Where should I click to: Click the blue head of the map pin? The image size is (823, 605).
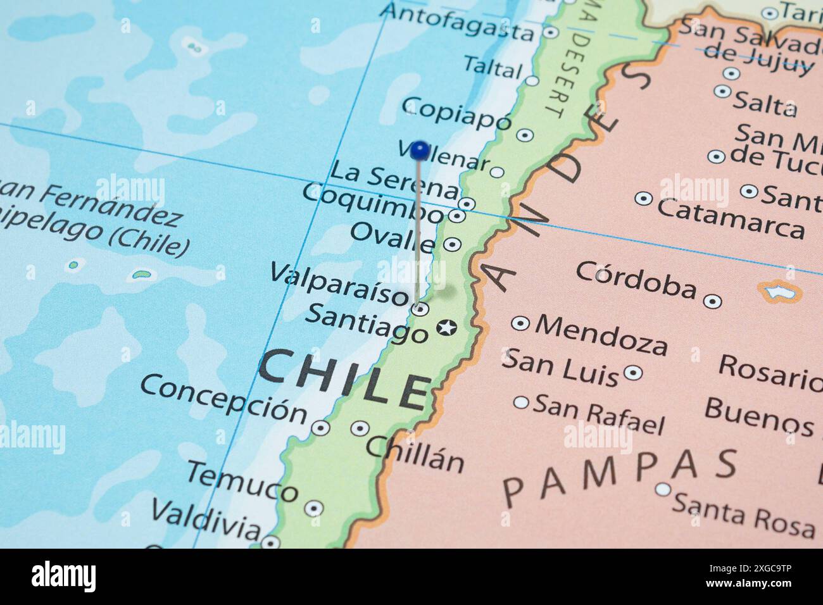point(419,151)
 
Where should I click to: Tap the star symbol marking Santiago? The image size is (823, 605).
point(446,328)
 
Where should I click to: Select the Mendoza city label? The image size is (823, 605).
point(601,334)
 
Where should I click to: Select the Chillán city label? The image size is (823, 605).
point(415,454)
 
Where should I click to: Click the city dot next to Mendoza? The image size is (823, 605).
point(520,323)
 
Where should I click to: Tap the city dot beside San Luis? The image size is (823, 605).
point(633,372)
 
